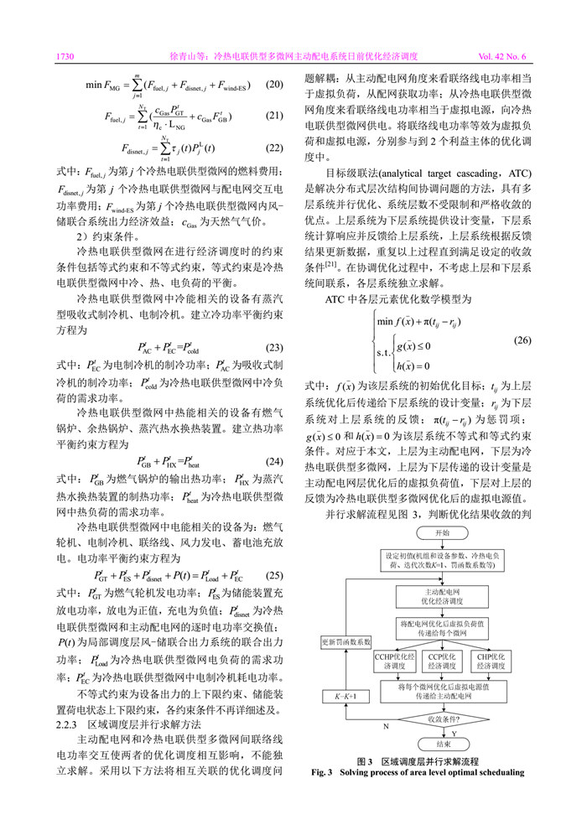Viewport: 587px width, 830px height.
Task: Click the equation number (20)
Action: [x=273, y=84]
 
